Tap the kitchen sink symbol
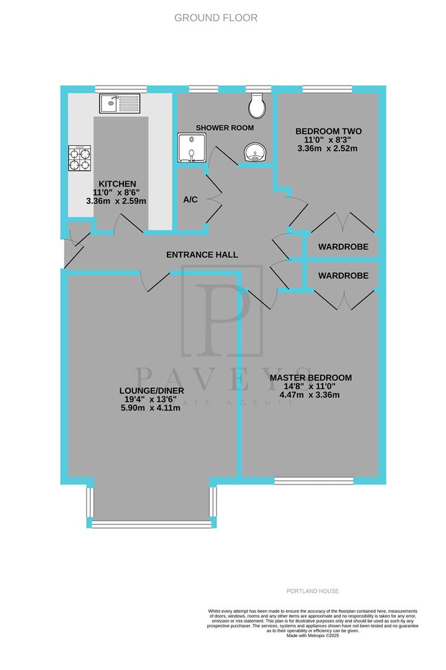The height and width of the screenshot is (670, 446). click(x=120, y=103)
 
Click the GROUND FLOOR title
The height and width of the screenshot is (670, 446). click(x=216, y=18)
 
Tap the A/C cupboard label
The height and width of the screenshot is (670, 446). click(x=190, y=200)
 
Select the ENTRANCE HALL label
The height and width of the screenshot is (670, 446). click(x=202, y=255)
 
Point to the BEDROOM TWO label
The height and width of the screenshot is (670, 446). click(x=328, y=131)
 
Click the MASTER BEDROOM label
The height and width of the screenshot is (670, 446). click(x=311, y=377)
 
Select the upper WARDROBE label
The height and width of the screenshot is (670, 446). click(x=343, y=247)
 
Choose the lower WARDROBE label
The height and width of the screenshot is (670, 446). click(x=343, y=275)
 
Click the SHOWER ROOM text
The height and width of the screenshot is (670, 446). click(x=222, y=127)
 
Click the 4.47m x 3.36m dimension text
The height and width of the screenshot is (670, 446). click(x=311, y=395)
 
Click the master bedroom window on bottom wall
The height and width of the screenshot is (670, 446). click(x=314, y=481)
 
